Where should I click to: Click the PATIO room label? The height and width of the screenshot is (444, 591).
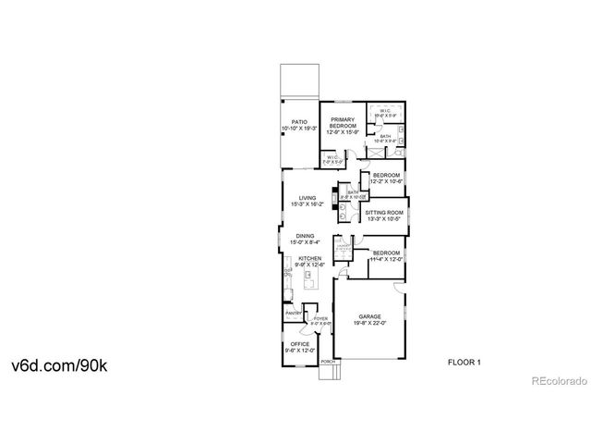tap(298, 121)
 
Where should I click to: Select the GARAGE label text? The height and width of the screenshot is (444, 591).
tap(369, 316)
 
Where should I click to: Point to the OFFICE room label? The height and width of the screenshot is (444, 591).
tap(299, 345)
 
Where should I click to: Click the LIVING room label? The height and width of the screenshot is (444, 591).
tap(307, 198)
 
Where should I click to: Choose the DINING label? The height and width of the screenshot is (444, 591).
tap(305, 236)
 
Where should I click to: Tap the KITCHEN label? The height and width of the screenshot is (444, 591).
tap(308, 258)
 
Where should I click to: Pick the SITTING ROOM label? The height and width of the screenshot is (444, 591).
tap(382, 213)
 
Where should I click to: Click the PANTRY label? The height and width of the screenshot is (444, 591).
tap(294, 314)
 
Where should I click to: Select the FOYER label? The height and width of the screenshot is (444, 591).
tap(320, 319)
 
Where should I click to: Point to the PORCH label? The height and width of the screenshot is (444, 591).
tap(327, 363)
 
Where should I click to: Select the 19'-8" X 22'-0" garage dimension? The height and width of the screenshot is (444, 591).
tap(369, 323)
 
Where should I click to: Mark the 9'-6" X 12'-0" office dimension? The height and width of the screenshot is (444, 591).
tap(299, 351)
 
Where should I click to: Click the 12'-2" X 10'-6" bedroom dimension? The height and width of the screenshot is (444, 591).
tap(387, 181)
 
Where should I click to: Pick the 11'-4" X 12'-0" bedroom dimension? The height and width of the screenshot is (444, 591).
tap(387, 259)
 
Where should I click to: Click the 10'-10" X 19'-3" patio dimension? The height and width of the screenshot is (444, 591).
tap(298, 128)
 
